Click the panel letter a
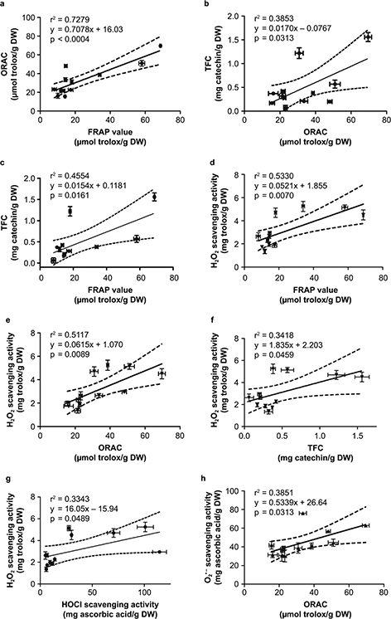coord(4,7)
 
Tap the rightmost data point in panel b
coord(367,37)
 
